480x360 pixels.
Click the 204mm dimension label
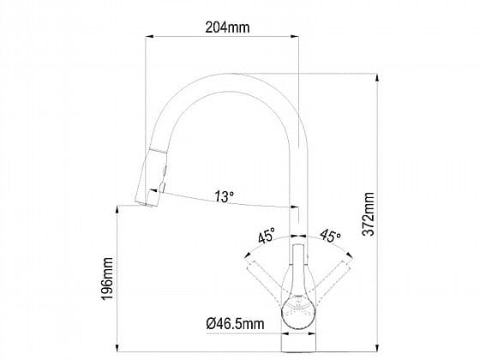click(x=227, y=27)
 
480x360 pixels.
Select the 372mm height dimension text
click(x=368, y=214)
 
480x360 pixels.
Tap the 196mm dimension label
click(x=108, y=279)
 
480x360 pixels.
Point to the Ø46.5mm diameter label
click(x=235, y=324)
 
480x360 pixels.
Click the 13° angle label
click(x=224, y=196)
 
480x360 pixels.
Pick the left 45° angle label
click(x=267, y=235)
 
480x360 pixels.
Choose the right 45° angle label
click(x=330, y=235)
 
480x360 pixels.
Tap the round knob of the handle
click(x=298, y=312)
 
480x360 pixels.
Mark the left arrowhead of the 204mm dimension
click(x=149, y=36)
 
